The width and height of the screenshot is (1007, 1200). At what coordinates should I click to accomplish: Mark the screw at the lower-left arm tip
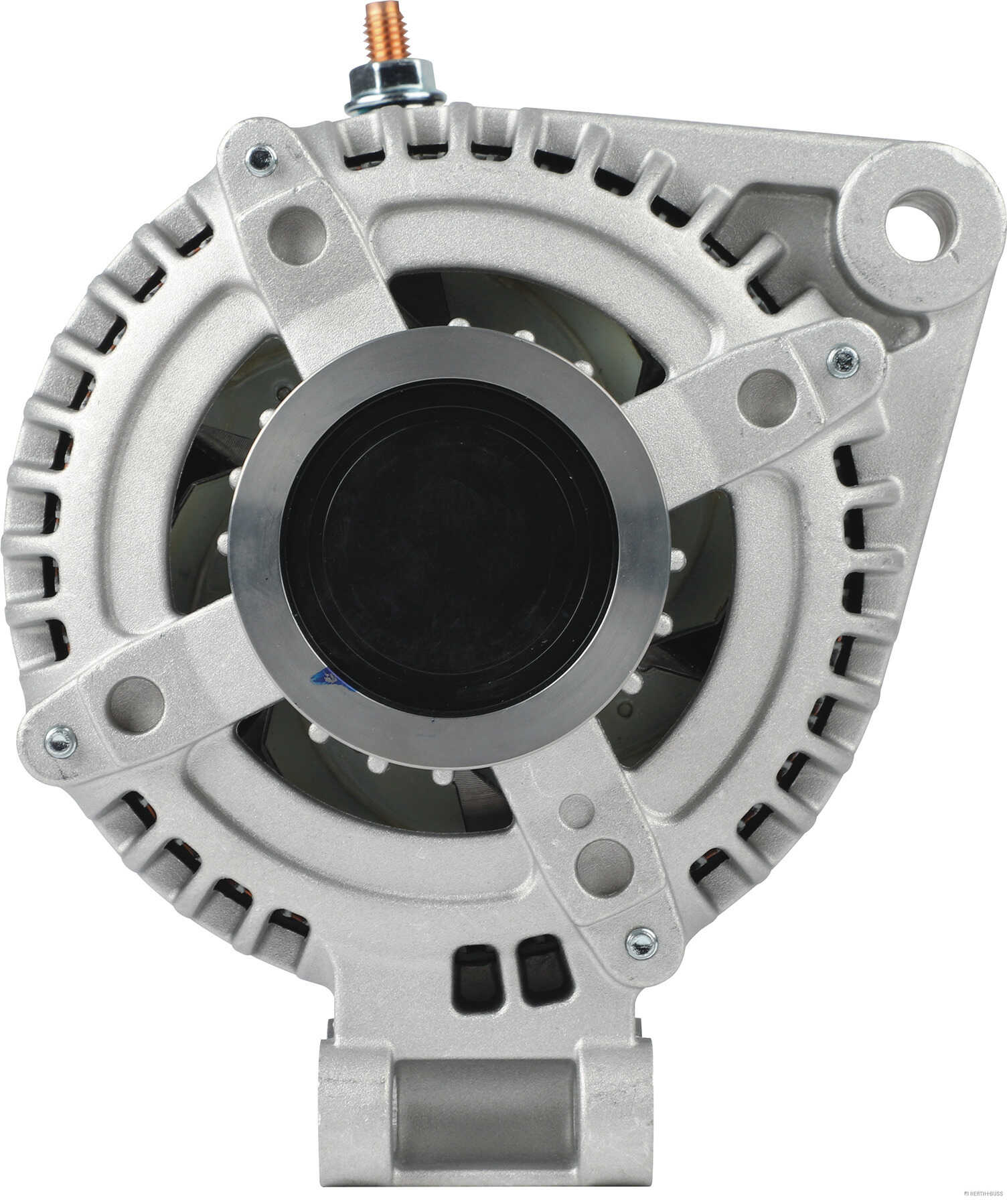tap(60, 740)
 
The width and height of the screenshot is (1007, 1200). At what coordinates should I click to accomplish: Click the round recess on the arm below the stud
tap(296, 234)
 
